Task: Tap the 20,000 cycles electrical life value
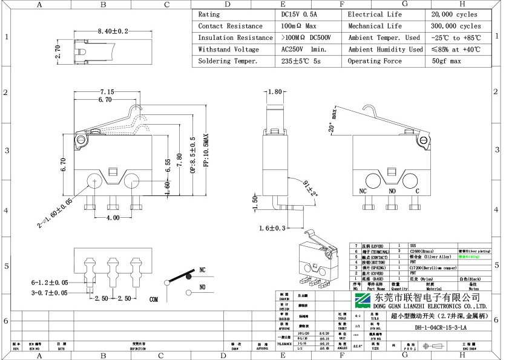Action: [x=454, y=15]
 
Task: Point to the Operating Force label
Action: [x=374, y=61]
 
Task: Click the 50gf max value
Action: [x=446, y=61]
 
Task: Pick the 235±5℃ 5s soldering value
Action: [x=301, y=61]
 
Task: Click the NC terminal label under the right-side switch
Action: [x=363, y=191]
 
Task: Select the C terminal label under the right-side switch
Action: [x=418, y=191]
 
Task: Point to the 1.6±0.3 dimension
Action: [x=272, y=228]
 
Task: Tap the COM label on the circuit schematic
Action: [x=154, y=299]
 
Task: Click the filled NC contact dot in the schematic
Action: [x=188, y=277]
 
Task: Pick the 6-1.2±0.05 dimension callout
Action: [x=50, y=283]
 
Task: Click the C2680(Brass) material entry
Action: [x=422, y=250]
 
